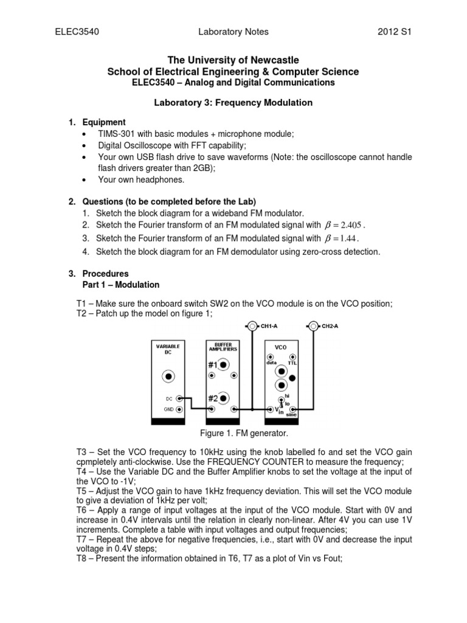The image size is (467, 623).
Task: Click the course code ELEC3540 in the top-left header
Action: [74, 32]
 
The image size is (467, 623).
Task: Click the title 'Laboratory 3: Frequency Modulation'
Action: [233, 102]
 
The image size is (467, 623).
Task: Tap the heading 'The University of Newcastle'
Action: [233, 60]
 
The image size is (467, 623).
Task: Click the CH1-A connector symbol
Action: [252, 326]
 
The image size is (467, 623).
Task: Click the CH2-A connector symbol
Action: [313, 326]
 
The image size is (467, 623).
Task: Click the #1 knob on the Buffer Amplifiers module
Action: [224, 365]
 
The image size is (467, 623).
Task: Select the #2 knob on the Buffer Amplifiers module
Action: [224, 399]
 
